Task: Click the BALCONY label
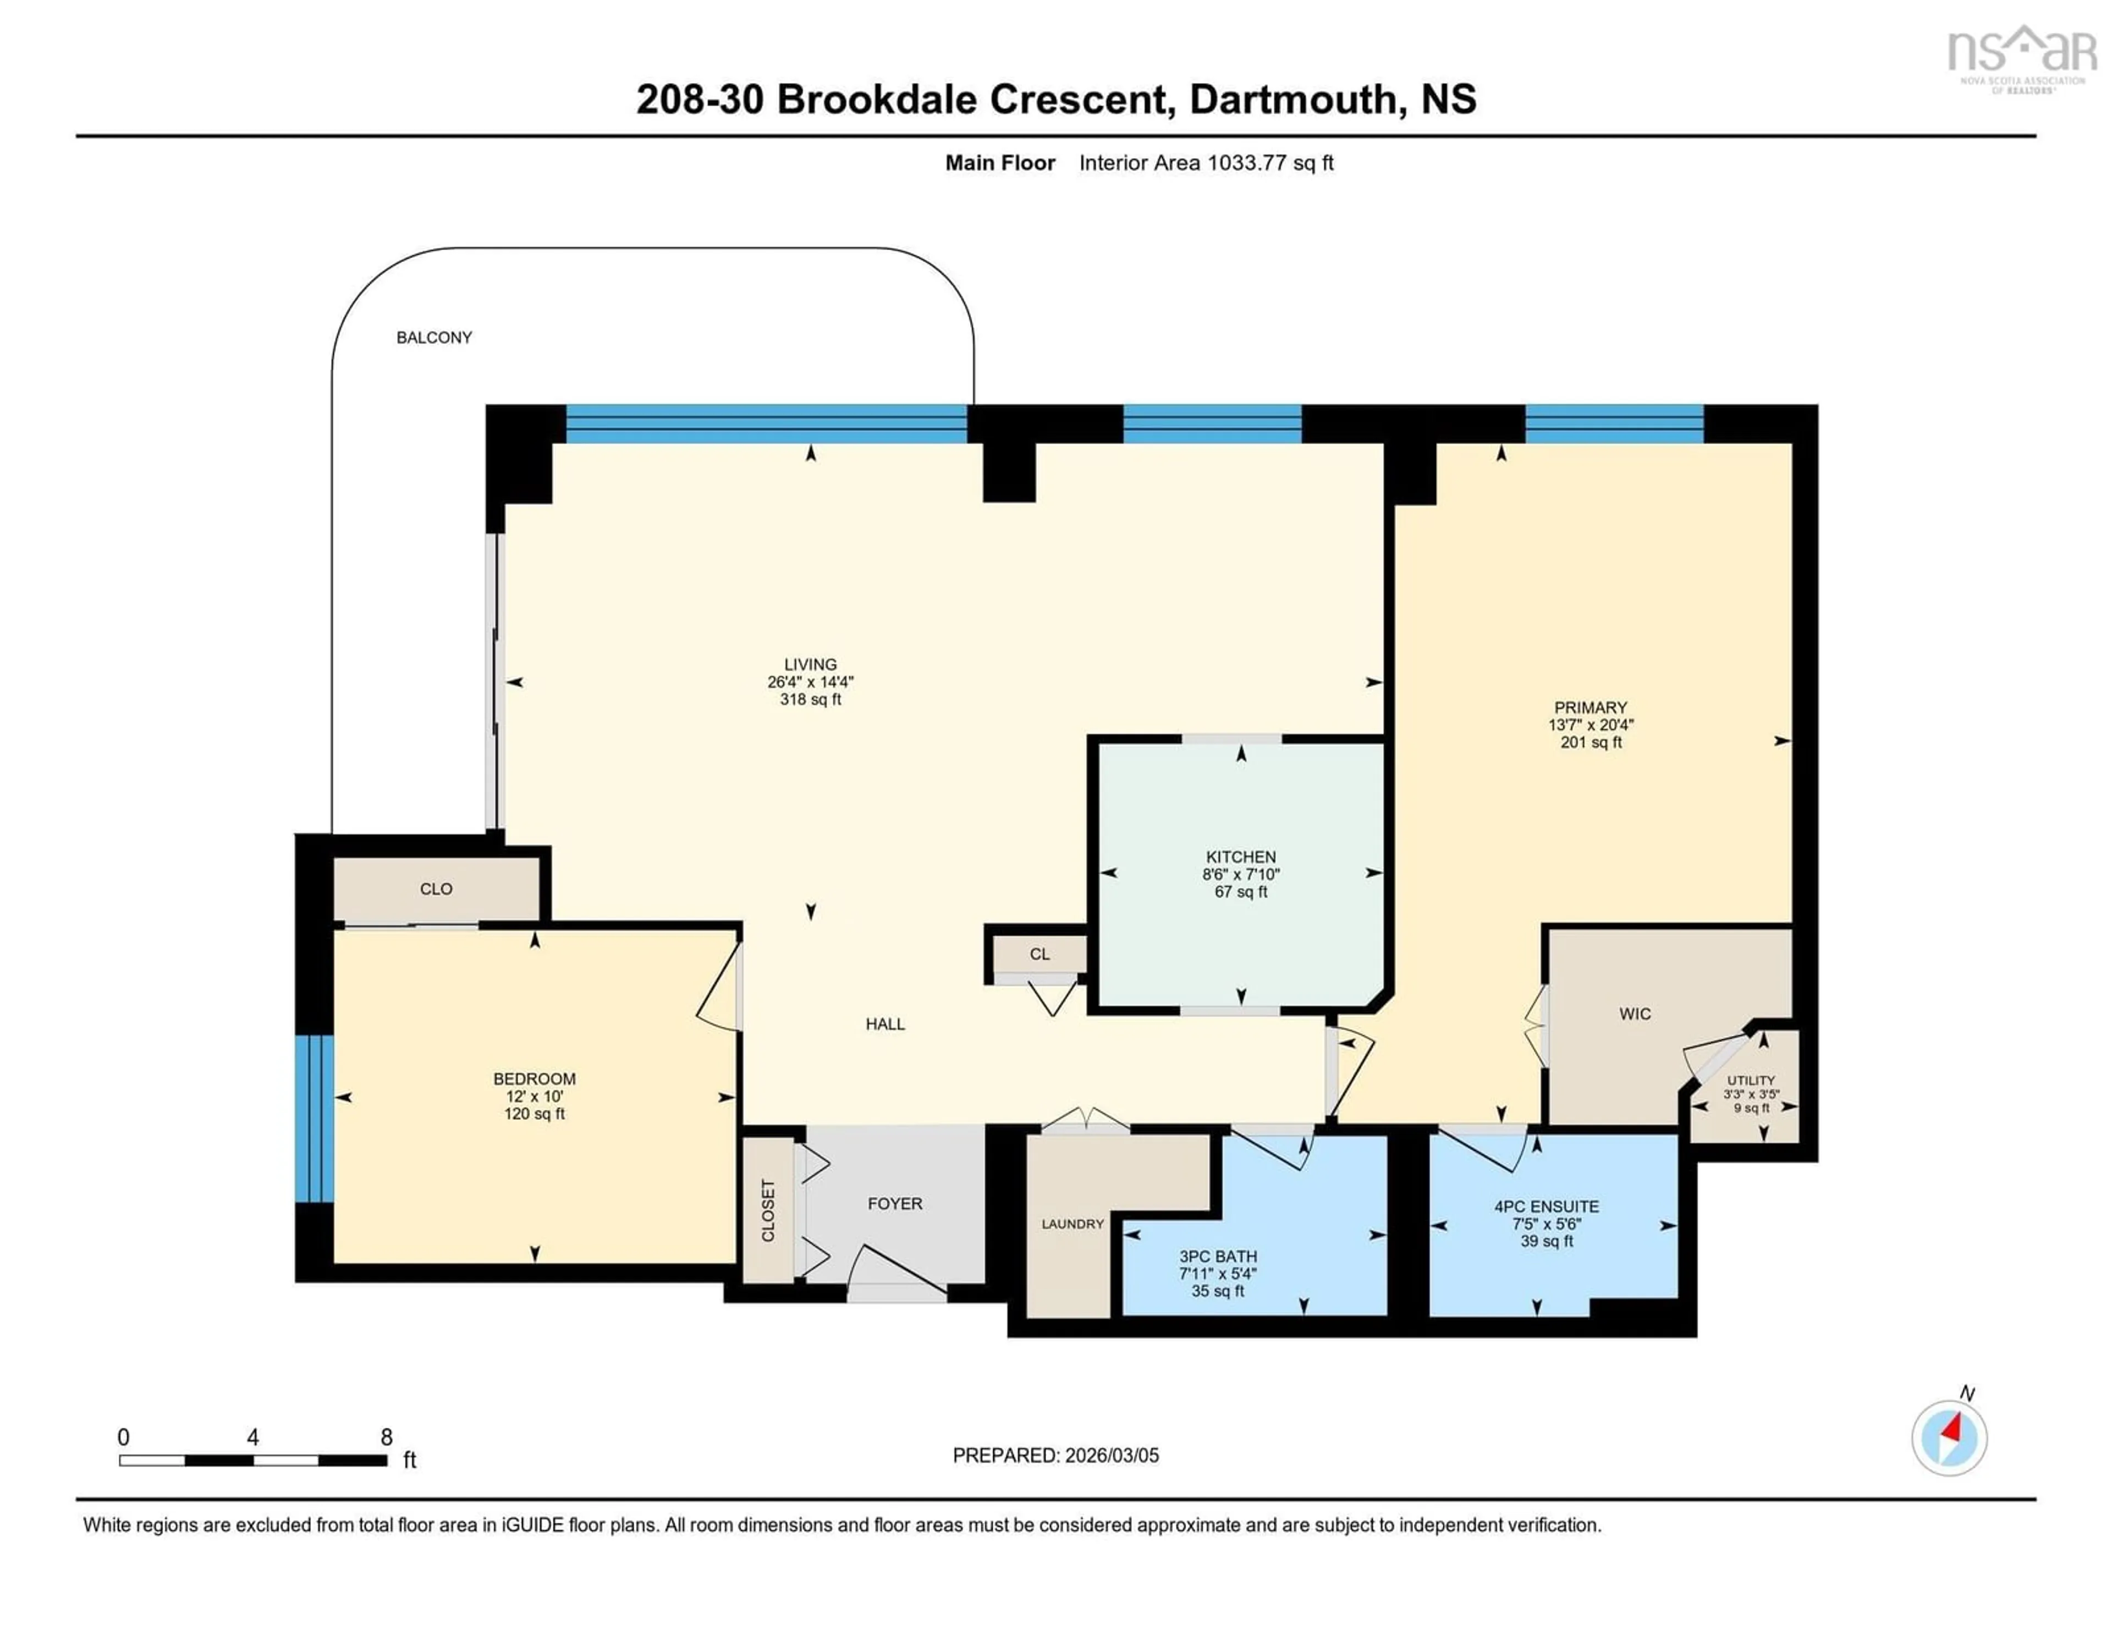(434, 338)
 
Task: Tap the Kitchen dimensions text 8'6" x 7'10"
(1241, 874)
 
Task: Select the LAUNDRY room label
(1072, 1224)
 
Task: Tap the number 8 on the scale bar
(386, 1437)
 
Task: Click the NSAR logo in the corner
(2021, 56)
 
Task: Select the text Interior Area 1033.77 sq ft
(1206, 162)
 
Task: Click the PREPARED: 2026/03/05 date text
(1055, 1455)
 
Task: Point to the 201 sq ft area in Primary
(1591, 742)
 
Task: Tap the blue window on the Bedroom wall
(314, 1118)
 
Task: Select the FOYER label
(894, 1204)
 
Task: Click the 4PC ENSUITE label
(1546, 1206)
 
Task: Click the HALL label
(885, 1024)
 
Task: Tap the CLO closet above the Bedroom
(436, 889)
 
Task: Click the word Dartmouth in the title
(1293, 98)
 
